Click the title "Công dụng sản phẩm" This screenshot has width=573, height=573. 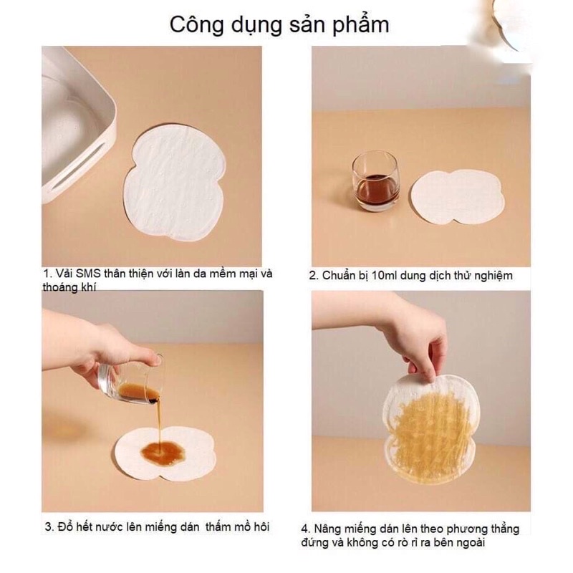click(279, 24)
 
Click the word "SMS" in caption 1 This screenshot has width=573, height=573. click(85, 274)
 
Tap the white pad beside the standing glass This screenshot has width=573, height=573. click(457, 194)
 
